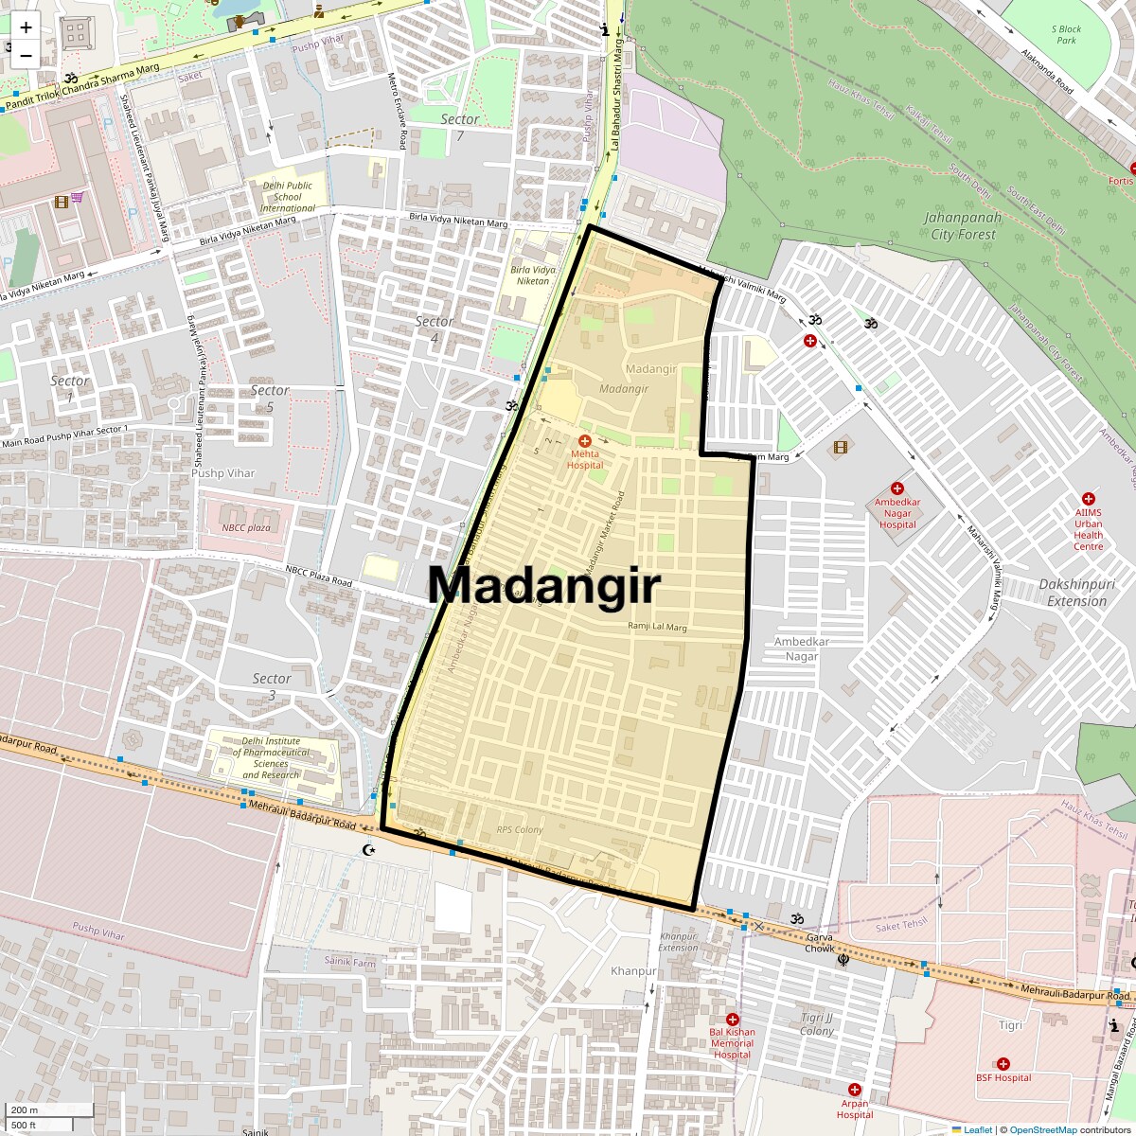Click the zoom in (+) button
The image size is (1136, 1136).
[26, 27]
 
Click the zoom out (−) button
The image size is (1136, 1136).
[26, 55]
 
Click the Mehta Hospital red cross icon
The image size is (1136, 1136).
[585, 441]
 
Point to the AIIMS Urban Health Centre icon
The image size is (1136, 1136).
[1089, 499]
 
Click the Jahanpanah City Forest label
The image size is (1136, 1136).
[963, 226]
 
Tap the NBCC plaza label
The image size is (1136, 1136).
[246, 527]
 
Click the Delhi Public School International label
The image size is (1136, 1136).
[288, 197]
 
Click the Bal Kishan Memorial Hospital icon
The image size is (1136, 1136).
[733, 1019]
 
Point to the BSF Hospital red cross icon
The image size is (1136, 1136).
[1003, 1064]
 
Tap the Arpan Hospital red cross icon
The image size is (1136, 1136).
[855, 1090]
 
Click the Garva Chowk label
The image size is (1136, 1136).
[820, 943]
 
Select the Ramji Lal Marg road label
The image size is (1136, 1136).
[657, 627]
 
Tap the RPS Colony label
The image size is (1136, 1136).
[520, 829]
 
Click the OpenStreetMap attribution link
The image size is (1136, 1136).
[1042, 1129]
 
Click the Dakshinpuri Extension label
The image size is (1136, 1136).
[1076, 593]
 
